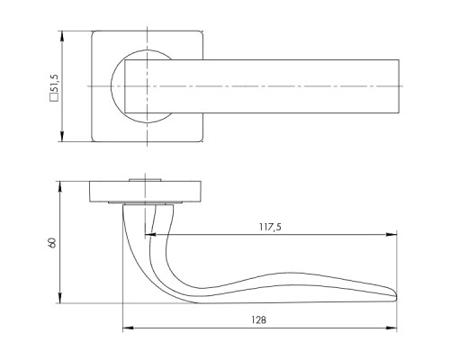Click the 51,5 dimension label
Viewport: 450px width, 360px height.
point(55,84)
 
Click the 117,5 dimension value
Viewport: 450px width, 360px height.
point(270,227)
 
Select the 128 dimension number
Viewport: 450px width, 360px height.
point(258,320)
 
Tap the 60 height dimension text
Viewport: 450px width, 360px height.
point(52,242)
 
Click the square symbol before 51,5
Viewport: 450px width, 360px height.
point(54,98)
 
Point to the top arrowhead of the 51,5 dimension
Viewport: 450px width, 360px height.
point(62,36)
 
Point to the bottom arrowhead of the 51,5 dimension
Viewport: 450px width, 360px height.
point(62,136)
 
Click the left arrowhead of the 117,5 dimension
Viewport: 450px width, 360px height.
point(150,235)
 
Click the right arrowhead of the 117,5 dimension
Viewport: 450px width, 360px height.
point(391,235)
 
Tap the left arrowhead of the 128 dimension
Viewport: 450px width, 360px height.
point(128,328)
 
